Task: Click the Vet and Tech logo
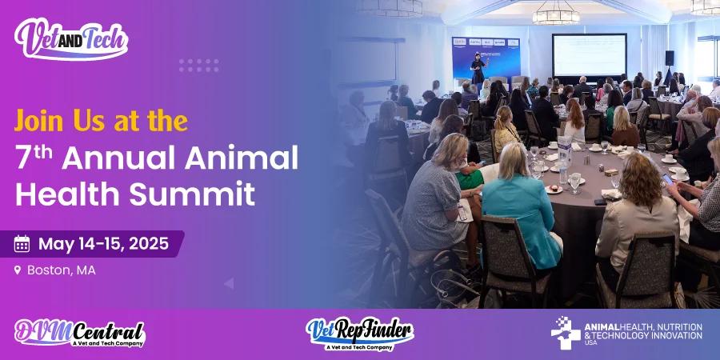point(71,38)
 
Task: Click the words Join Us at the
point(101,121)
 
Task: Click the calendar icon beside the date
point(22,244)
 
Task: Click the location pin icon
point(18,270)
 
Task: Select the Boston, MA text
point(62,270)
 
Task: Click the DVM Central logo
point(80,333)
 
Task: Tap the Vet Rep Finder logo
point(359,333)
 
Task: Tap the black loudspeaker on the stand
point(669,58)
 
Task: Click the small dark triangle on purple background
point(229,283)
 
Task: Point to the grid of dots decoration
point(198,65)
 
